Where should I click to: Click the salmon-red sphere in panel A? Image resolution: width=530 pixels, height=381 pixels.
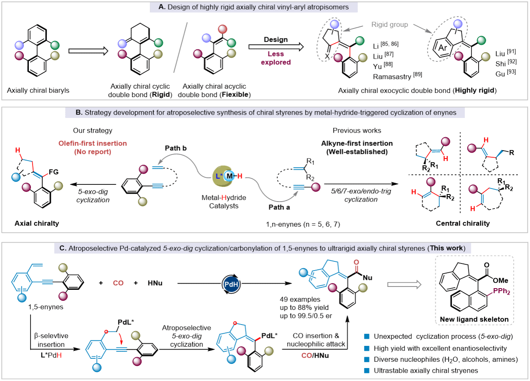(x=222, y=29)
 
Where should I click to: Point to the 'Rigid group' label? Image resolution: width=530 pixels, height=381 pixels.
(x=390, y=25)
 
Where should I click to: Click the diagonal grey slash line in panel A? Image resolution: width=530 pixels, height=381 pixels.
(x=181, y=47)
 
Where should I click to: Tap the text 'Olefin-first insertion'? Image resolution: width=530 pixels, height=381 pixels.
(x=92, y=143)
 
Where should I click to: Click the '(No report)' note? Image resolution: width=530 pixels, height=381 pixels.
(x=92, y=152)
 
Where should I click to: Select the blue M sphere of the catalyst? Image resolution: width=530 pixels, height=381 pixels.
(x=229, y=176)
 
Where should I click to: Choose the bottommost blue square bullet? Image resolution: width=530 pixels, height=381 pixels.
(x=367, y=370)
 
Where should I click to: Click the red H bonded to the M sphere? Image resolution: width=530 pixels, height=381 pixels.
(x=240, y=176)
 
